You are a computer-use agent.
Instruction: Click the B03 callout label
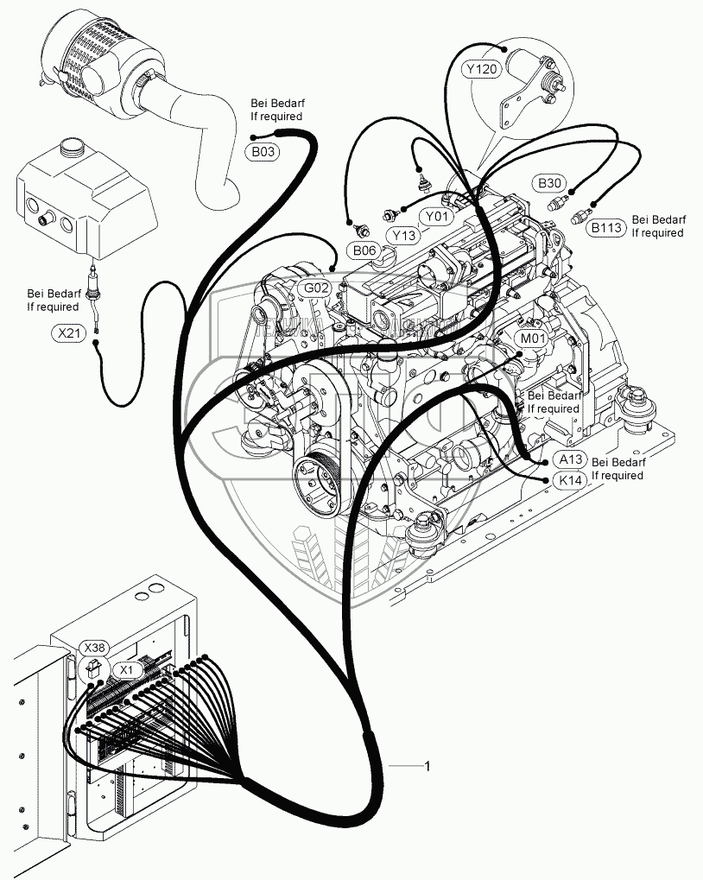click(x=264, y=153)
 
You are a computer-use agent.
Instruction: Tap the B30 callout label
click(x=551, y=183)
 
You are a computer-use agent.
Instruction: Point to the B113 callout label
click(x=607, y=227)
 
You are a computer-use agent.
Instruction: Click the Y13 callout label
click(x=403, y=234)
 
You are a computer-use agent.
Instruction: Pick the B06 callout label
click(x=364, y=250)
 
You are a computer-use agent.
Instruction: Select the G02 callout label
click(x=315, y=288)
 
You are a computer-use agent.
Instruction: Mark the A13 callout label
click(x=570, y=459)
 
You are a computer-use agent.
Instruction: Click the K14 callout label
click(x=569, y=480)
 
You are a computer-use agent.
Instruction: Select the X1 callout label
click(x=127, y=669)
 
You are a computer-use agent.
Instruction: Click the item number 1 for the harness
click(x=426, y=766)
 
